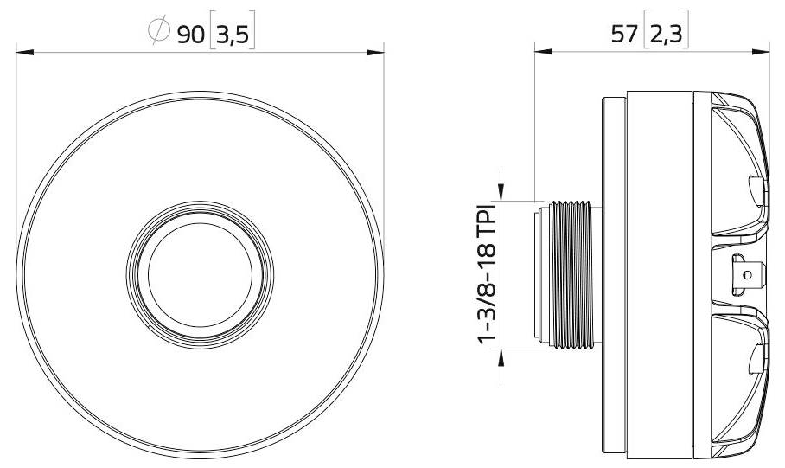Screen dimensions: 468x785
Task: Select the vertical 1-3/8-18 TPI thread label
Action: (x=488, y=275)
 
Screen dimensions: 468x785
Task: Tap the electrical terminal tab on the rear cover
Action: (x=745, y=275)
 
